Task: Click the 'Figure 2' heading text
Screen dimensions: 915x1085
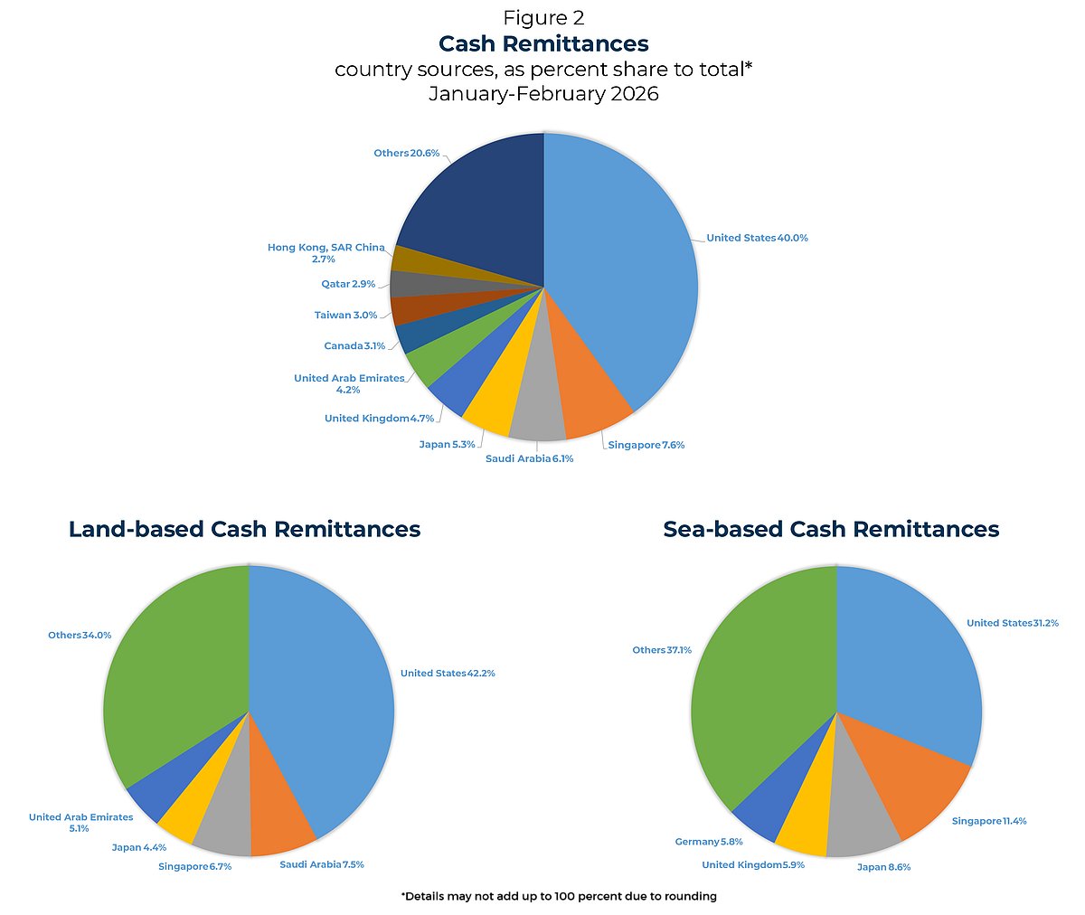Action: pos(543,17)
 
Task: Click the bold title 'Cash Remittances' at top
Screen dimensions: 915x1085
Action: pos(543,43)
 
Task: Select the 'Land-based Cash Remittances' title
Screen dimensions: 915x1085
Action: pos(244,529)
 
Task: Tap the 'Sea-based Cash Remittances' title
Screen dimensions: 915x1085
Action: pos(831,529)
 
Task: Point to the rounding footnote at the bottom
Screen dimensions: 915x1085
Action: pos(559,896)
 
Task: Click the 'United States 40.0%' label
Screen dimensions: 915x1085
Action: pos(757,238)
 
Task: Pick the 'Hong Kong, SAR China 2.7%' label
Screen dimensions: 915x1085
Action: pos(325,253)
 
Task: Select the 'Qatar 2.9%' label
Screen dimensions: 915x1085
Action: pos(348,284)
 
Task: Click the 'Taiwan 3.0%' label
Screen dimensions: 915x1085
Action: pos(345,315)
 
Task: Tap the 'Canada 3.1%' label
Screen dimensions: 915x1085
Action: pos(354,345)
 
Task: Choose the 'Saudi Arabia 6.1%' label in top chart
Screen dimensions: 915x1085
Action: pos(529,458)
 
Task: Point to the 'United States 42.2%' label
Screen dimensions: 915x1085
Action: pos(448,673)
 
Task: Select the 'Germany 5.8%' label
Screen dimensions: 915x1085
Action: pos(709,842)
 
